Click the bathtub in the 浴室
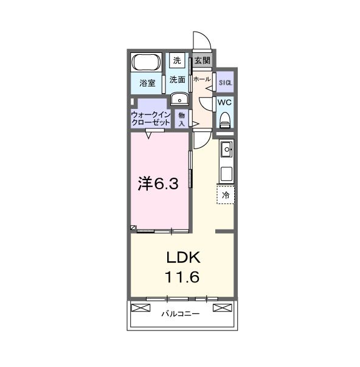147,62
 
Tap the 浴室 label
147,83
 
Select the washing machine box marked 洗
177,60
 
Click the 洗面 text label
177,79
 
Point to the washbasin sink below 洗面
179,99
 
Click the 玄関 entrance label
202,60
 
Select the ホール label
201,79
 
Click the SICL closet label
225,82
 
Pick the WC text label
225,102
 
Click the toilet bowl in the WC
225,119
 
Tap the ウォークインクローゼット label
151,117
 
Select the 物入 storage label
181,119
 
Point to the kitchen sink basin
226,148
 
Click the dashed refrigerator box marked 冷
226,195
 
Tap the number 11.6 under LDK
182,276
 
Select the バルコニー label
181,314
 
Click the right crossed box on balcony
224,307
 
